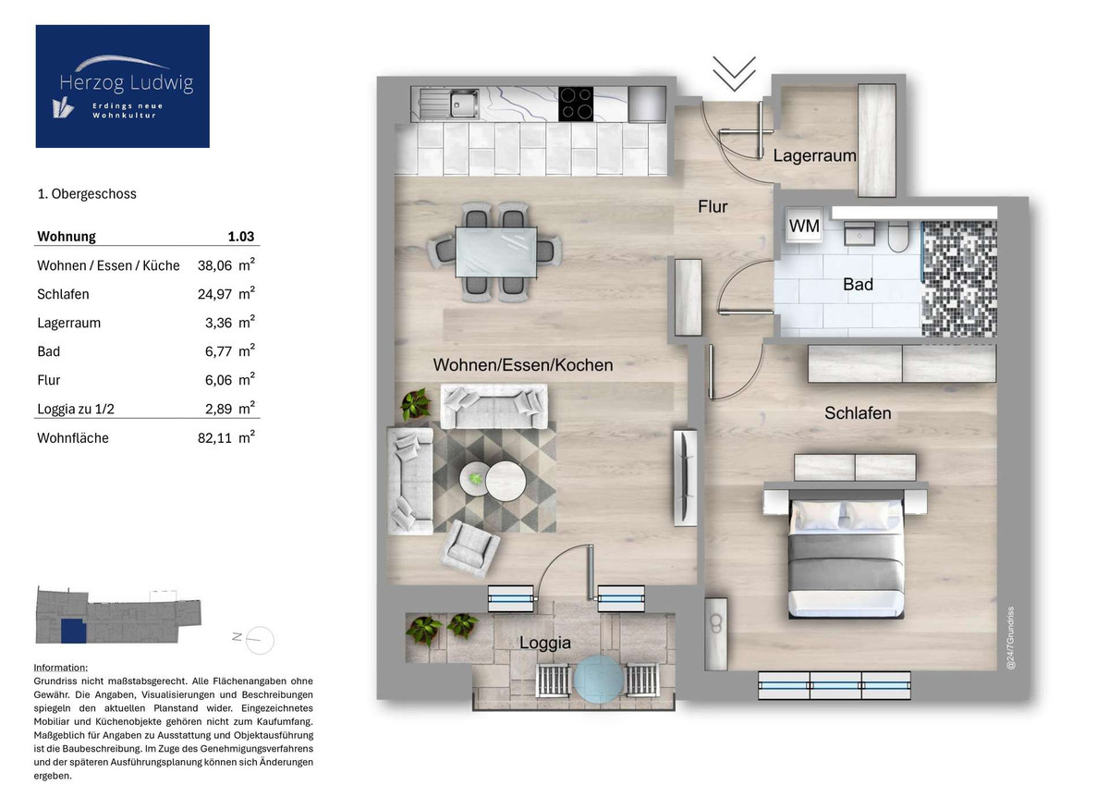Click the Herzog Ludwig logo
pos(122,86)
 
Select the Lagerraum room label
pos(814,156)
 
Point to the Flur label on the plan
pos(712,207)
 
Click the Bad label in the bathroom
pos(857,285)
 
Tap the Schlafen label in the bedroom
pos(858,413)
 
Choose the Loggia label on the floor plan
pos(544,643)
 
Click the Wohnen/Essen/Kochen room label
pos(522,365)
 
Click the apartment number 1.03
pos(240,237)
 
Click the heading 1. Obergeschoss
pos(87,194)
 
